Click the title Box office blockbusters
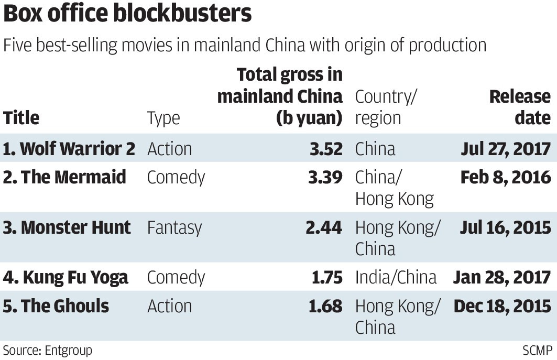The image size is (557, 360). pos(127,15)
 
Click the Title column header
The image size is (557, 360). pos(21,118)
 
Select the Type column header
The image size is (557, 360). pos(163,118)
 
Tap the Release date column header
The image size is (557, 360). pos(520,107)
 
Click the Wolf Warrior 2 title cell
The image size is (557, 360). pos(69,149)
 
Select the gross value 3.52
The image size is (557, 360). pos(325,149)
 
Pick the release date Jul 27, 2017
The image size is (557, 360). pos(506,149)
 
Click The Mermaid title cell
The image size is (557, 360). pos(64,177)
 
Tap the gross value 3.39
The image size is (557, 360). pos(325,177)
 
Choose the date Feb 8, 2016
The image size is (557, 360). pos(506,177)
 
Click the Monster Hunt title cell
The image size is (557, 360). pos(67,227)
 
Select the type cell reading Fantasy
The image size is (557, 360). pos(174,227)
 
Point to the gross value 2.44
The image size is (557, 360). pos(325,227)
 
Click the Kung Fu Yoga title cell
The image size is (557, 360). pos(65,277)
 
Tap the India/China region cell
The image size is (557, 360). pos(396,277)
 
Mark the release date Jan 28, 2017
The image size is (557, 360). pos(502,277)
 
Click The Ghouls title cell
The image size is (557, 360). pos(56,306)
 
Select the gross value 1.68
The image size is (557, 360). pos(325,306)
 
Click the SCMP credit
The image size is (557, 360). pos(537,350)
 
